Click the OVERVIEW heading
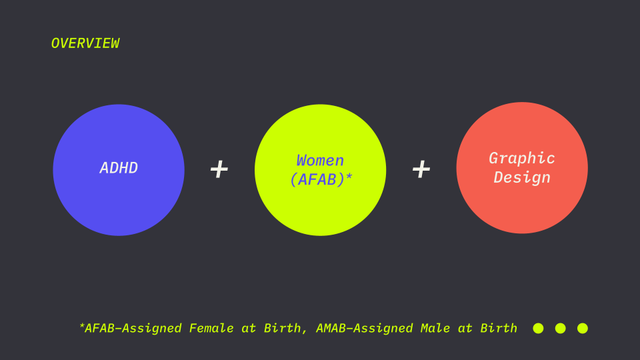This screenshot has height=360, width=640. [85, 43]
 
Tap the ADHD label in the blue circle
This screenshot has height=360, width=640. [119, 168]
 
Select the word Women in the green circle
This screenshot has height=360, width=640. [321, 161]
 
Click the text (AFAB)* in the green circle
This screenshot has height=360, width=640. [321, 179]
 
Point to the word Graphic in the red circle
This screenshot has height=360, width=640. [522, 159]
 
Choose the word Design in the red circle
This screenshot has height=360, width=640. [522, 177]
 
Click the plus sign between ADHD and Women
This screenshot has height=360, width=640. [219, 169]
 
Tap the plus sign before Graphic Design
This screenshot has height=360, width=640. [421, 169]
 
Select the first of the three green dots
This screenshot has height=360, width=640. [539, 328]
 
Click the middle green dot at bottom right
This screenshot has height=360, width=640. [561, 328]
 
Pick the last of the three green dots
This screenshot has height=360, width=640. [583, 328]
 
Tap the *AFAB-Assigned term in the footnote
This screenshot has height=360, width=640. [130, 329]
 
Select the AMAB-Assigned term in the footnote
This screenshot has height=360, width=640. [365, 329]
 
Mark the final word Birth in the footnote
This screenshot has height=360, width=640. [499, 328]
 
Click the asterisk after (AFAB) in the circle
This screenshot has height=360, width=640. [349, 177]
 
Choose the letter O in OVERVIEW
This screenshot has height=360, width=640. [55, 43]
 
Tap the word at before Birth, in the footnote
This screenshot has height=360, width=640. [249, 329]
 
